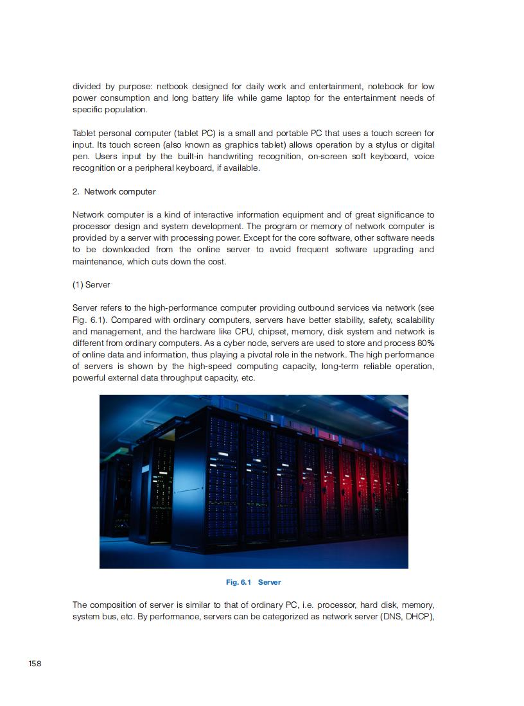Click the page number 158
tap(35, 663)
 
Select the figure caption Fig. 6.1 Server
tap(253, 582)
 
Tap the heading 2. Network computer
tap(114, 191)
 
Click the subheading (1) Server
tap(91, 284)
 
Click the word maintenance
tap(97, 261)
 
